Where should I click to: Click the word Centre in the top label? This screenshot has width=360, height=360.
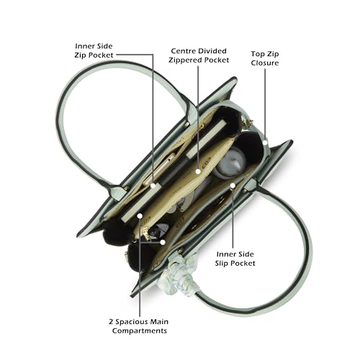pos(182,51)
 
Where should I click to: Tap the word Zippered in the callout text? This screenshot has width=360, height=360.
pos(183,60)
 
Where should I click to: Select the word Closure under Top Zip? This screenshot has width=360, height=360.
pos(265,63)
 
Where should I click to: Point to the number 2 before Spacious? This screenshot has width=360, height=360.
pos(111,322)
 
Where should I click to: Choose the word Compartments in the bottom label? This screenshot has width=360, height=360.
pos(140,330)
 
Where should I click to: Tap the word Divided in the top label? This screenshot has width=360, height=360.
pos(211,51)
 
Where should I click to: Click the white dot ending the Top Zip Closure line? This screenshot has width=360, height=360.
pos(265,143)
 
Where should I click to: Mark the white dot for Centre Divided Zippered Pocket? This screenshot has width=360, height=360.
pos(198,171)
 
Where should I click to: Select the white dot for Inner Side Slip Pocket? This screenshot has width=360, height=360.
pos(233,185)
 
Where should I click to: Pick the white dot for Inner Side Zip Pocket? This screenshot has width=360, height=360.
pos(153,186)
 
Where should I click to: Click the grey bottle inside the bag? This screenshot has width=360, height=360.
pos(230,163)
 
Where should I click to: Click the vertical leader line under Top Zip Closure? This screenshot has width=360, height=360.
pos(265,104)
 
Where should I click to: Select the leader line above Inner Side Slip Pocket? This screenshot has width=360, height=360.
pos(233,218)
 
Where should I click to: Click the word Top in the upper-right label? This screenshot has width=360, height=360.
pos(256,54)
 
